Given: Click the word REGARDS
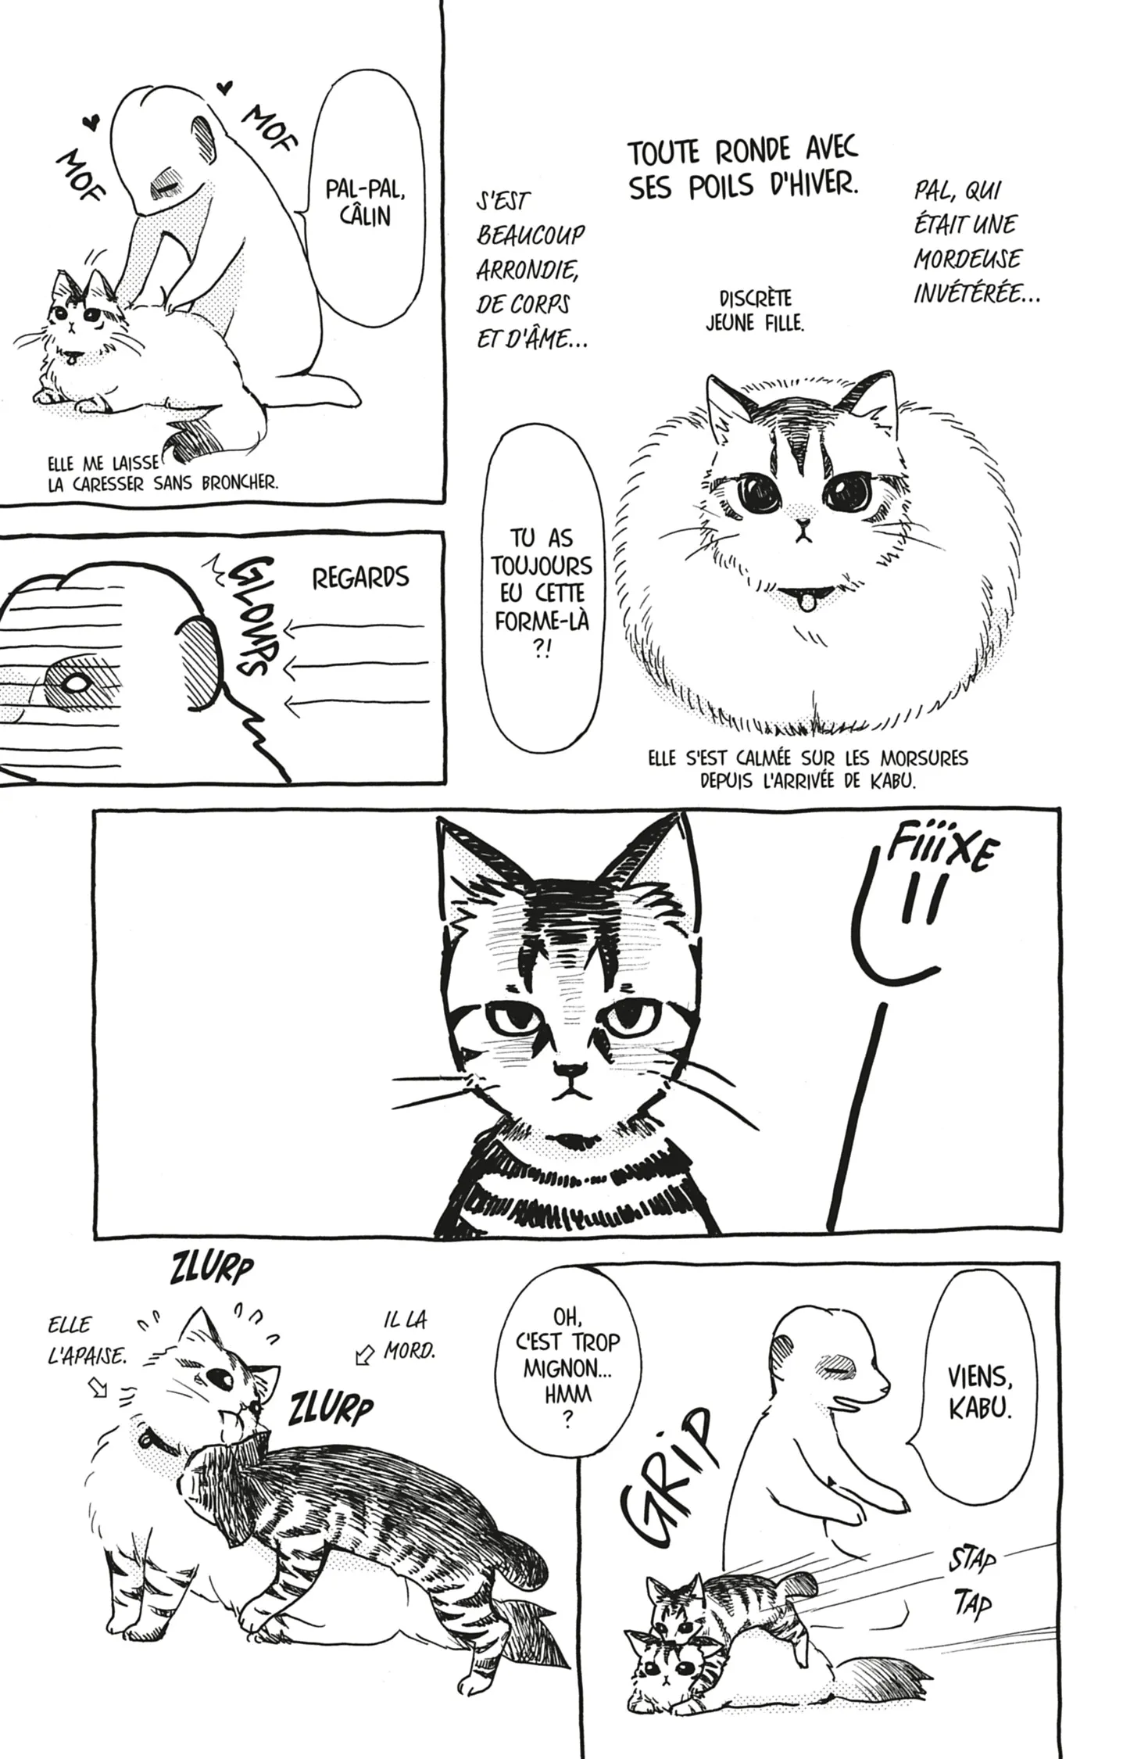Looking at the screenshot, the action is pyautogui.click(x=360, y=578).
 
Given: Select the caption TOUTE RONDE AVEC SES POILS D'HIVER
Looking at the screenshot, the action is pyautogui.click(x=743, y=169).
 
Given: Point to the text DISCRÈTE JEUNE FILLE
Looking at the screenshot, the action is pyautogui.click(x=755, y=310).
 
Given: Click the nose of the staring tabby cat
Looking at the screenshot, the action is pyautogui.click(x=570, y=1068).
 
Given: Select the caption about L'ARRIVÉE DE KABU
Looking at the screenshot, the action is pyautogui.click(x=808, y=770).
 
